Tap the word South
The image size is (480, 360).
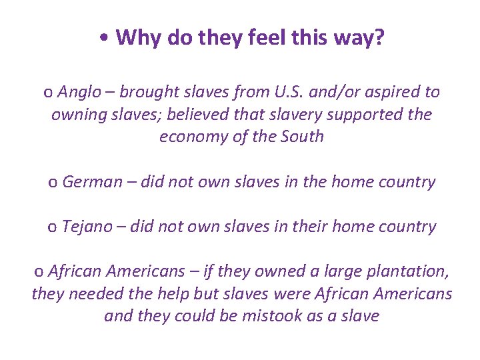pos(301,137)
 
